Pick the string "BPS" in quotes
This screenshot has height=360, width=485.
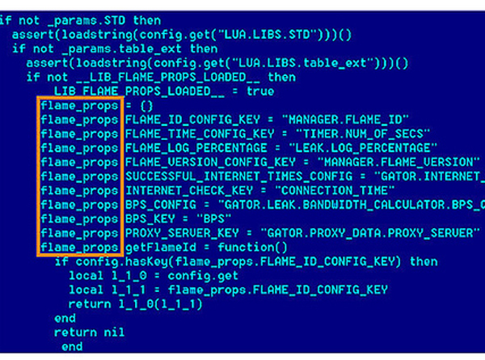217,218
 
